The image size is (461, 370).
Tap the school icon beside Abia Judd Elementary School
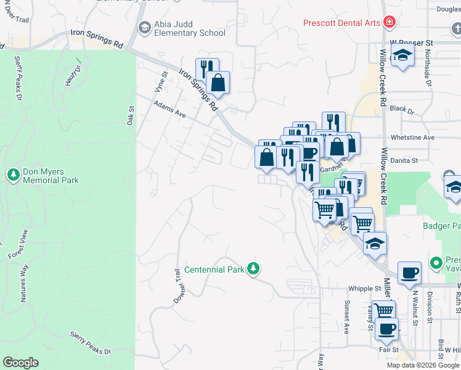144,27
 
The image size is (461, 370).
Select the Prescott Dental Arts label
341,23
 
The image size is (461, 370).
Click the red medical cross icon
389,23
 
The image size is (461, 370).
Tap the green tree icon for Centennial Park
252,269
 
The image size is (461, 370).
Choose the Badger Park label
441,226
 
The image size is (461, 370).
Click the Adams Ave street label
169,110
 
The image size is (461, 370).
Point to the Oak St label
131,116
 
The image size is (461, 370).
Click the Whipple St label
365,288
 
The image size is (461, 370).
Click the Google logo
20,363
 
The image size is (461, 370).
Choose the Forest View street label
18,244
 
